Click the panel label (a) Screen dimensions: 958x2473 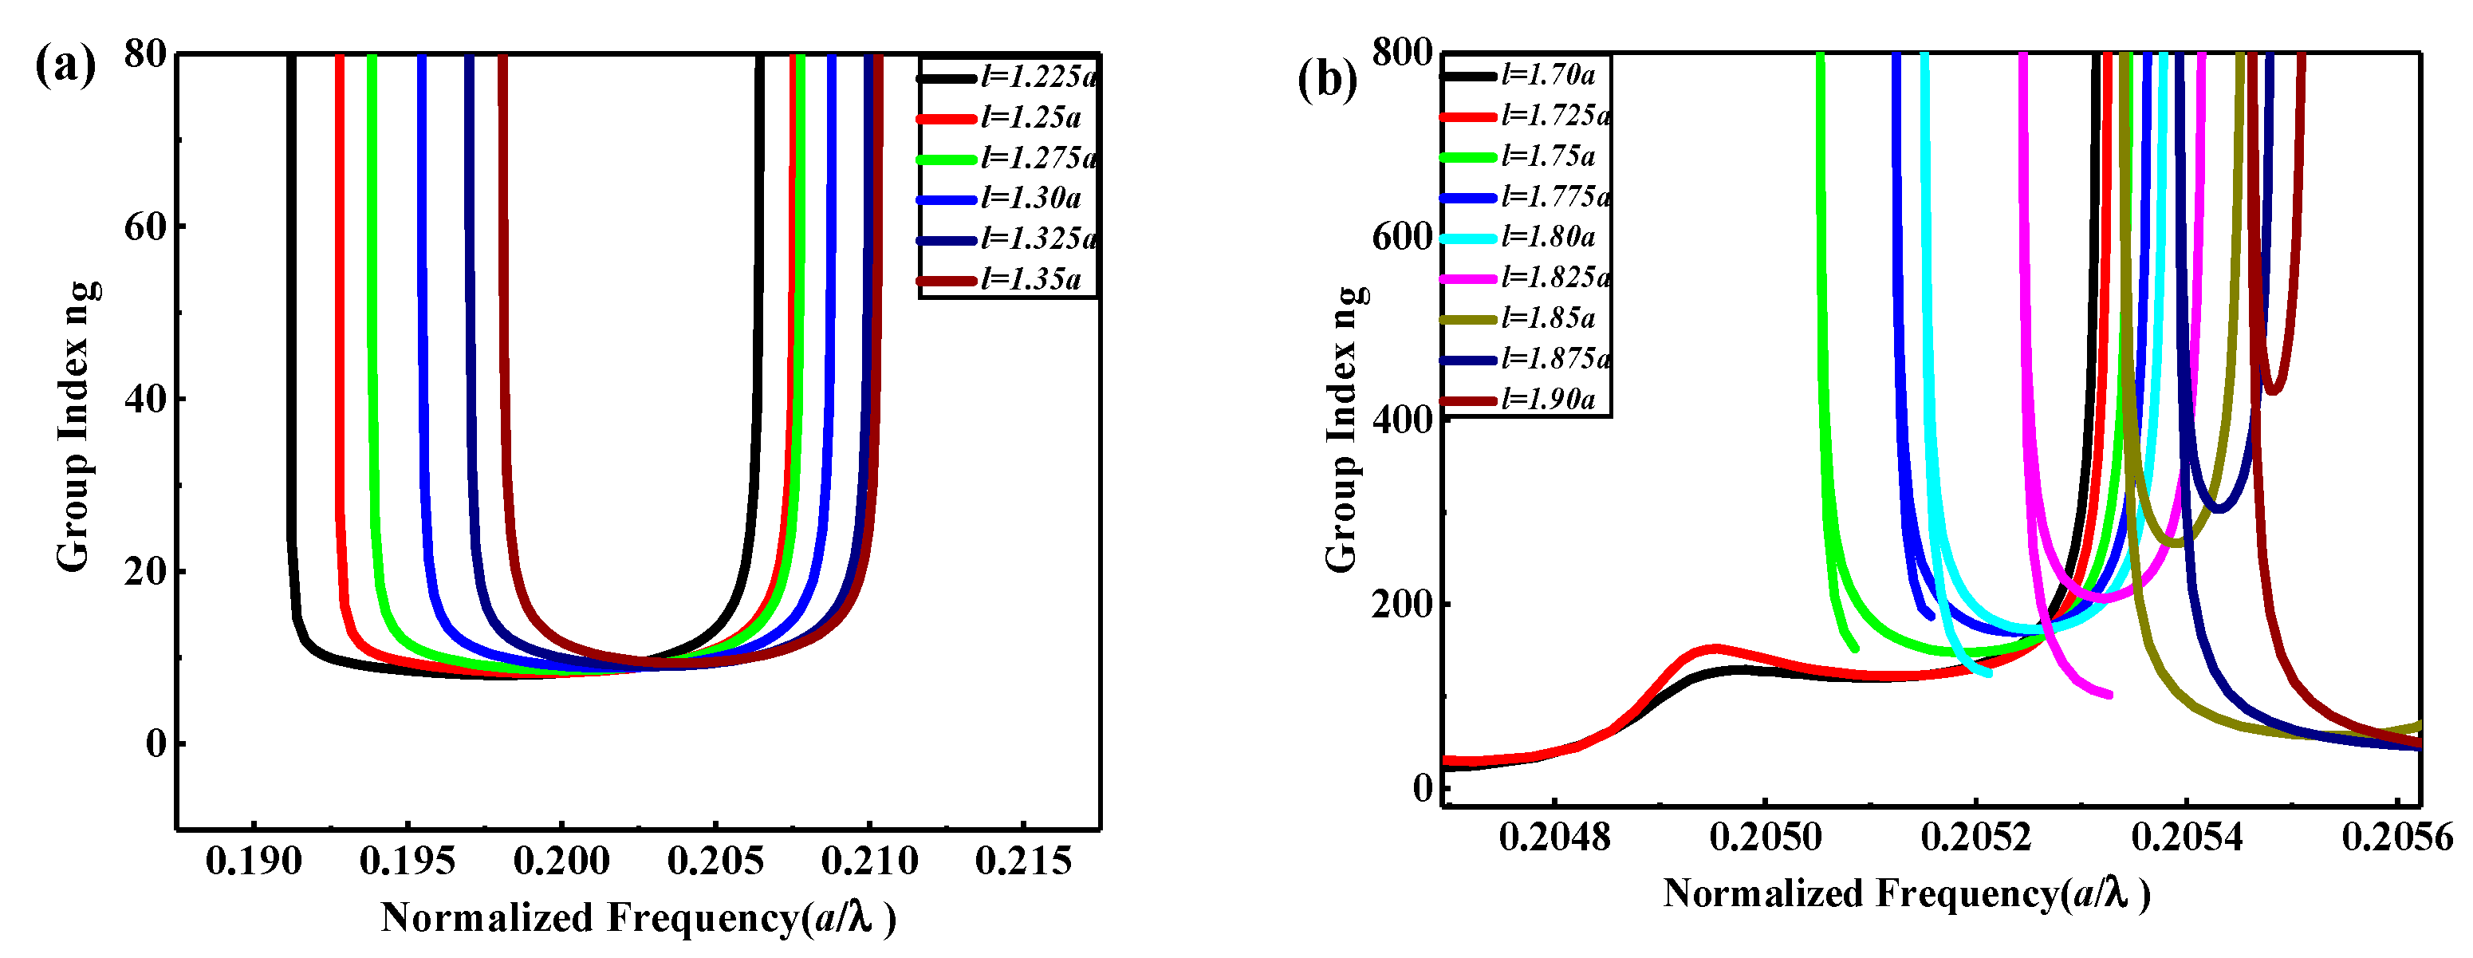click(65, 67)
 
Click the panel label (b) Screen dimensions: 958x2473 click(1327, 79)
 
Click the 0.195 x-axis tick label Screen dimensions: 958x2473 click(407, 861)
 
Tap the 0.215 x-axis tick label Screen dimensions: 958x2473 click(1022, 861)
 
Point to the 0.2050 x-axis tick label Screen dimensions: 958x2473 click(1765, 837)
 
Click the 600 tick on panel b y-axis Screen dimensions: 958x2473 click(1402, 236)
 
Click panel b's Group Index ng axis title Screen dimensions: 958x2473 click(1343, 428)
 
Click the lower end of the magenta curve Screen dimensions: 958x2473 click(2109, 694)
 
